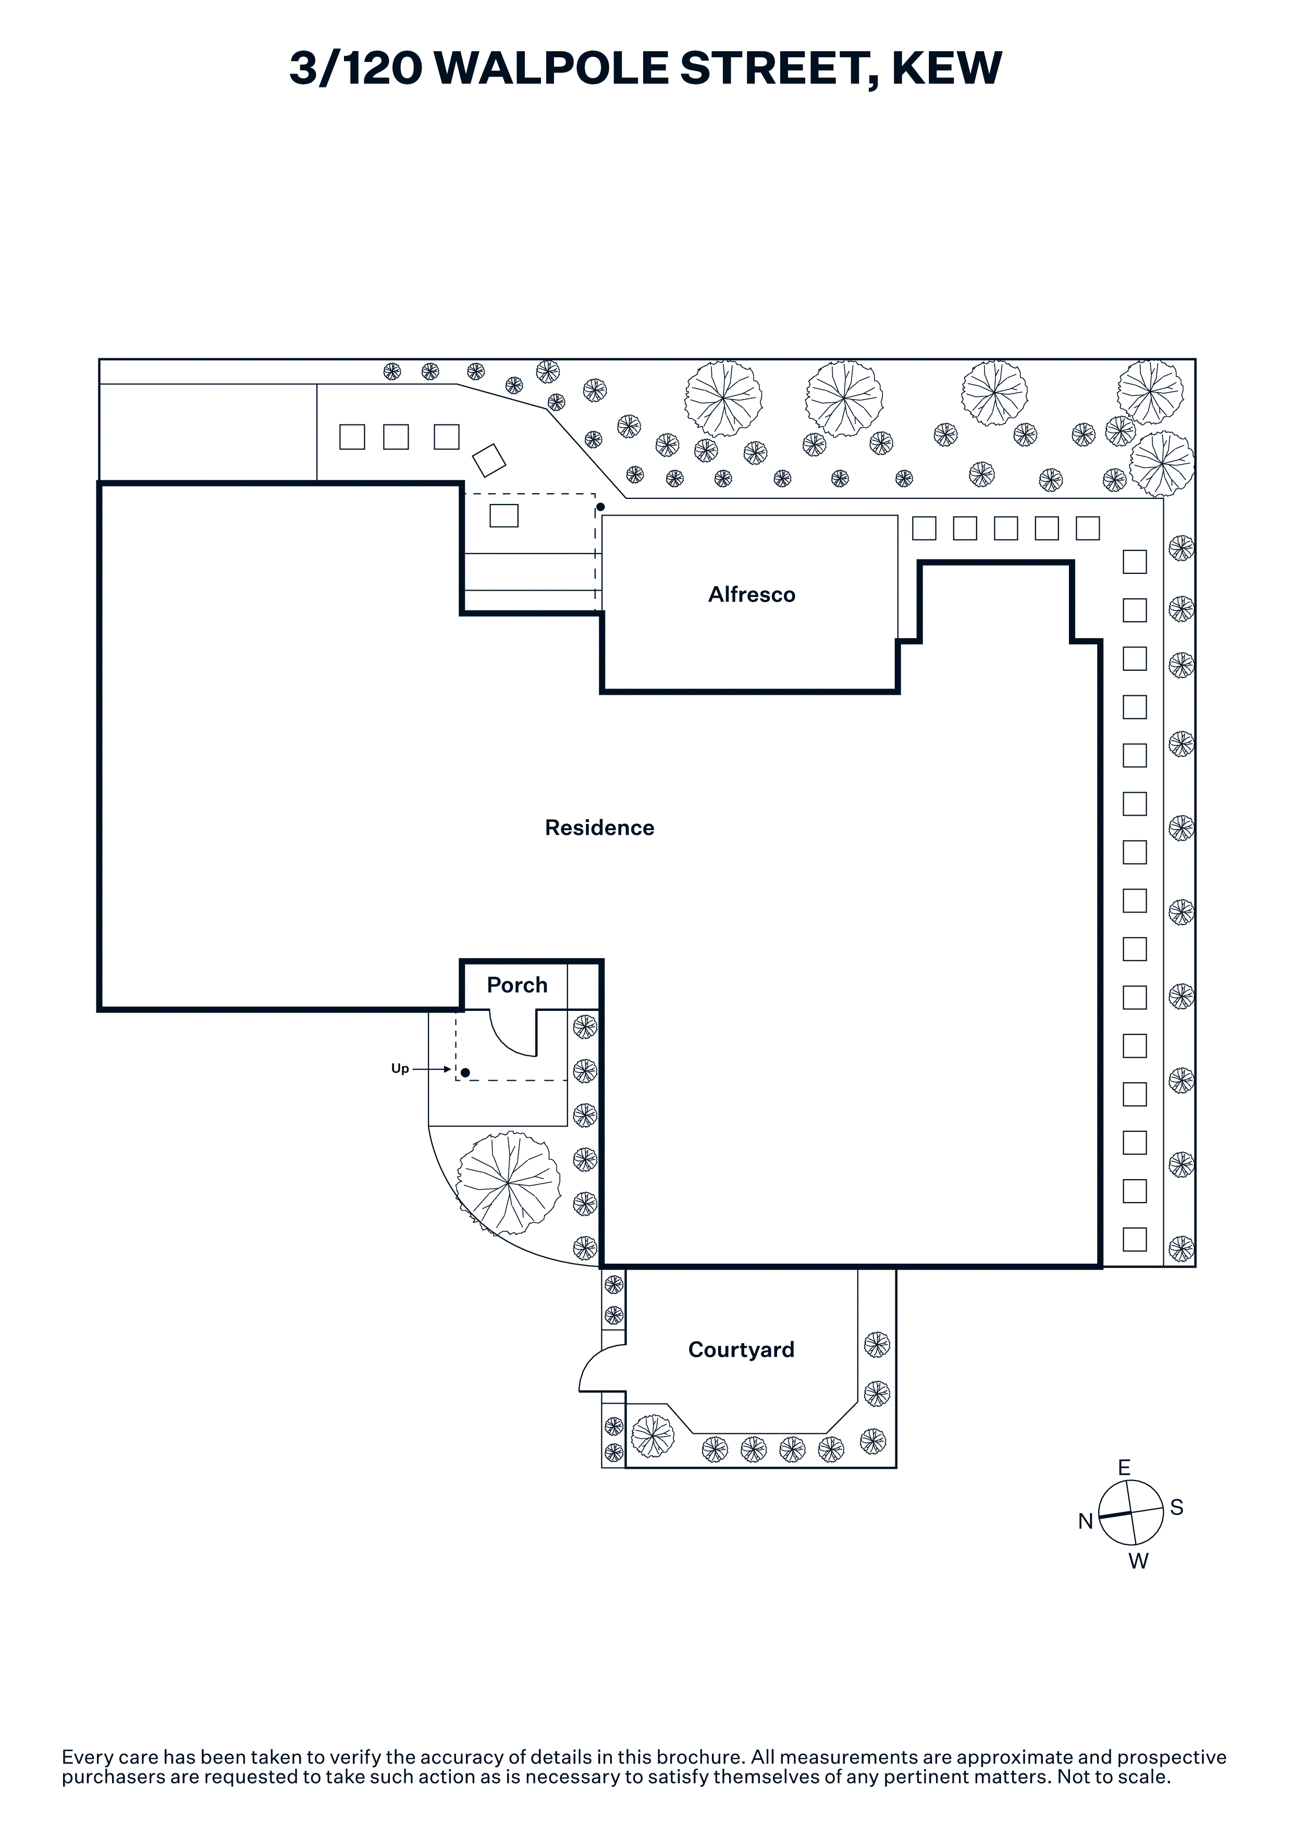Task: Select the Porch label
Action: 516,985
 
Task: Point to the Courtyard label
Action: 741,1349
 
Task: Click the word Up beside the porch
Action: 400,1069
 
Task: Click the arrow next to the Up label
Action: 432,1069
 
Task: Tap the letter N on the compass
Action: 1085,1521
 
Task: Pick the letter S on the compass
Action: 1177,1507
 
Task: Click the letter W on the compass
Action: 1138,1561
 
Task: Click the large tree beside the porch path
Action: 508,1183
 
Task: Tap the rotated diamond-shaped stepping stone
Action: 489,460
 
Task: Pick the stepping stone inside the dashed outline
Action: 504,516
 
